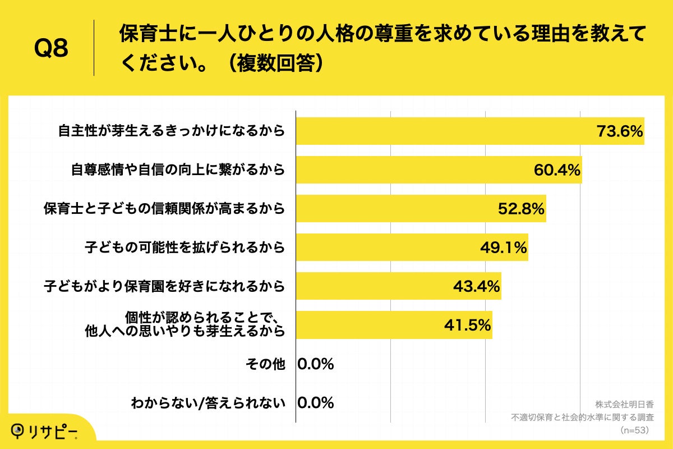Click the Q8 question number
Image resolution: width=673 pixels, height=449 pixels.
(x=51, y=49)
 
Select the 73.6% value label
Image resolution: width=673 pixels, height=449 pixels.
(x=619, y=132)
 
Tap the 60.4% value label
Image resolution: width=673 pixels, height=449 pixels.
(x=557, y=171)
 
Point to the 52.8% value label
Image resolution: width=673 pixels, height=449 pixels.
(x=521, y=209)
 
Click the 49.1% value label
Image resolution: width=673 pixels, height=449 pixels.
(x=503, y=248)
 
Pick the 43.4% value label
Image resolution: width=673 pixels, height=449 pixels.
(x=476, y=287)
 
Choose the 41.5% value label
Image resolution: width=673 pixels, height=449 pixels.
(x=468, y=325)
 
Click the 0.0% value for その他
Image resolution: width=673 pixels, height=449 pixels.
(x=316, y=364)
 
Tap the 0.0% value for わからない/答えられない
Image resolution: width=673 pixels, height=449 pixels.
(x=316, y=402)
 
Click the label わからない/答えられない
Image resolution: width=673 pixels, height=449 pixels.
(x=208, y=402)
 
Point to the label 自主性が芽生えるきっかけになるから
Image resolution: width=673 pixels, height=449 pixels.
(x=172, y=132)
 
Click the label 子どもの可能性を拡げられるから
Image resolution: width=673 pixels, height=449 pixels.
(x=185, y=248)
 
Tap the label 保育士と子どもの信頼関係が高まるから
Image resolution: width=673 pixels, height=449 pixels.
(x=165, y=209)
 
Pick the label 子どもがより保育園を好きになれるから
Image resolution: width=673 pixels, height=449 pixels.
(x=165, y=287)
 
